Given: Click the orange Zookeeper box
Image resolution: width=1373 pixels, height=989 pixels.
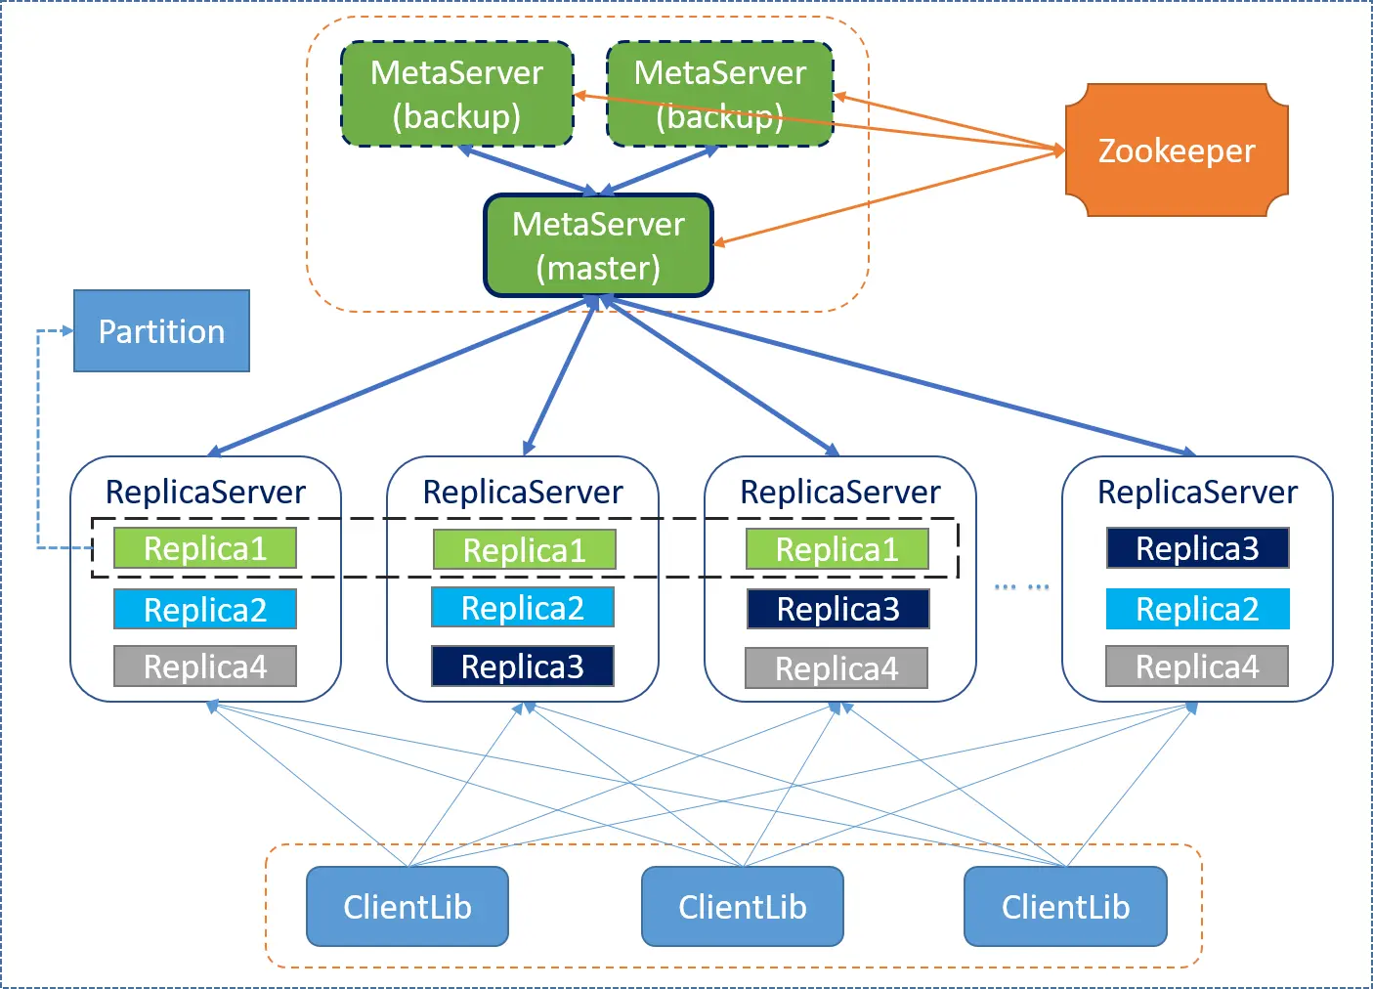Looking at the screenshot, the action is tap(1176, 150).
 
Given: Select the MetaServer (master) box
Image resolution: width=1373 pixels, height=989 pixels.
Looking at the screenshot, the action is tap(598, 246).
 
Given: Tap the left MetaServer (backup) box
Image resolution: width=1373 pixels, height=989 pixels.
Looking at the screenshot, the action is tap(456, 94).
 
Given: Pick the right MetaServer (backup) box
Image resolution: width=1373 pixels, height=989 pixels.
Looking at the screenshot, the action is tap(720, 94).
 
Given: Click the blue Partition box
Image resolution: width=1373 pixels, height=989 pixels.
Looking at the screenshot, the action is tap(161, 331).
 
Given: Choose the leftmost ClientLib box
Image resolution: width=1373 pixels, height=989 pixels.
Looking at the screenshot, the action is tap(408, 907).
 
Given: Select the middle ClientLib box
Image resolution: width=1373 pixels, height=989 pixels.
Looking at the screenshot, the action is tap(743, 907).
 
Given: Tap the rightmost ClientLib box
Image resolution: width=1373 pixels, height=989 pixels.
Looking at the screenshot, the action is tap(1065, 907).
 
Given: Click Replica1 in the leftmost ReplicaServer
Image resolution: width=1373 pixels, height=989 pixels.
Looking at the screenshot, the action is tap(205, 548).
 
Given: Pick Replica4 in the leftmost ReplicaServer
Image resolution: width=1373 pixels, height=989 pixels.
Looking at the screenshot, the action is tap(205, 666).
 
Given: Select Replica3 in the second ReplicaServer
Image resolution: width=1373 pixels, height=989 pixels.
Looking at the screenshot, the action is tap(523, 666).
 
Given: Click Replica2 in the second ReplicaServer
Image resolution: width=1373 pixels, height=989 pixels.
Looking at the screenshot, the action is tap(523, 608).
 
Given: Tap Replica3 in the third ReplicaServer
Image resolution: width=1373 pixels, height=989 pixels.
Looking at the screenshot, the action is tap(837, 609).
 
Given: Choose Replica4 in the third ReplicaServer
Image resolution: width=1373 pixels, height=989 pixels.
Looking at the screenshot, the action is tap(837, 668).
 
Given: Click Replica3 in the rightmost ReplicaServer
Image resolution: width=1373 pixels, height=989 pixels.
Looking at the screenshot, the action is tap(1197, 548).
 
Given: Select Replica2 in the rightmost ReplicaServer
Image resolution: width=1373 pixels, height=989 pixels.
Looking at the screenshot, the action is tap(1197, 609).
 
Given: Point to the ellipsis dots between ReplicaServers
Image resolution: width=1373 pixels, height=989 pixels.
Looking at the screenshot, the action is tap(1021, 587).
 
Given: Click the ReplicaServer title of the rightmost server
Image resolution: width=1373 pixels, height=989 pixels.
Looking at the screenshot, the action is tap(1197, 492).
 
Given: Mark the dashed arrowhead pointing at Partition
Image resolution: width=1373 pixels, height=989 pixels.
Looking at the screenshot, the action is tap(67, 331).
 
